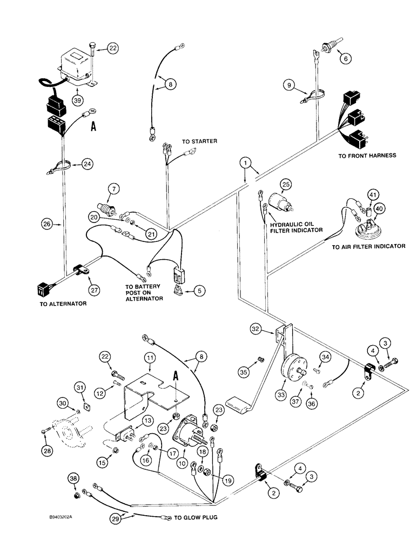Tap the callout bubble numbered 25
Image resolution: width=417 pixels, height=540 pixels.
(286, 185)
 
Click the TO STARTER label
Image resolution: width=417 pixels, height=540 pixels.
(199, 141)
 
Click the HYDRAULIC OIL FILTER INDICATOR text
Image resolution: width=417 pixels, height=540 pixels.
(297, 225)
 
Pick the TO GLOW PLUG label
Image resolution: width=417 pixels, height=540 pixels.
(195, 518)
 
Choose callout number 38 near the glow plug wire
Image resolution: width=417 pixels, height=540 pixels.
(75, 478)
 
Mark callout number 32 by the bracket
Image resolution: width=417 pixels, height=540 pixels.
(256, 328)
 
